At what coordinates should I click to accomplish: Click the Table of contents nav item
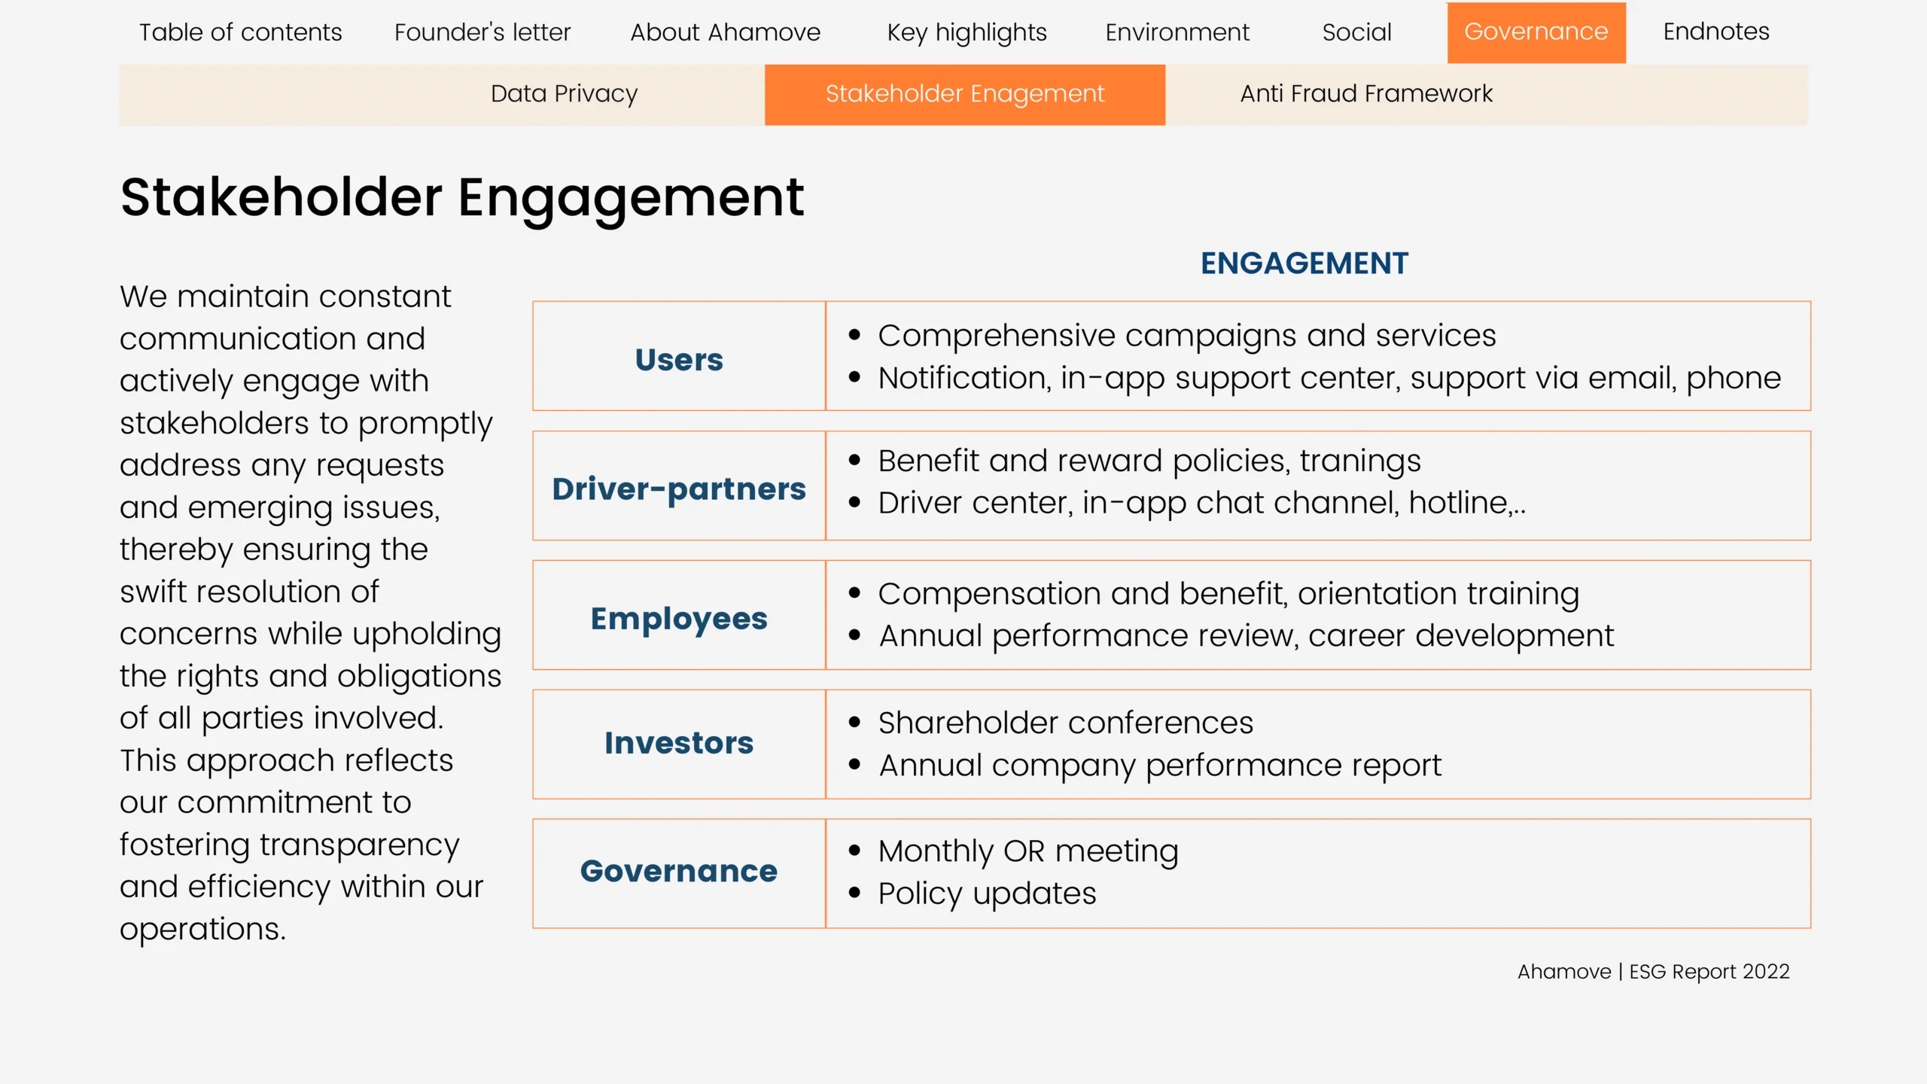pos(240,32)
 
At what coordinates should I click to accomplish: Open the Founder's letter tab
pos(483,32)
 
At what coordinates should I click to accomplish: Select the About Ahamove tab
pos(725,32)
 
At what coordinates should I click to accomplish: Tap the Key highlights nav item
pos(967,33)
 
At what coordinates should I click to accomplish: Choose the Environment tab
pos(1177,32)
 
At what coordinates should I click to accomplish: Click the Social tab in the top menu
pos(1356,32)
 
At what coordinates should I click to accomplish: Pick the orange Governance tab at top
pos(1536,32)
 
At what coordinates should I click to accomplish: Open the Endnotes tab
pos(1716,32)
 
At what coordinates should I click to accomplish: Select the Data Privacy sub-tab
pos(564,94)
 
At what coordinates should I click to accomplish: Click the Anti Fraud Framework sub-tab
pos(1366,93)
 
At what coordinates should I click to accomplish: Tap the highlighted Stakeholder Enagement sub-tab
pos(965,95)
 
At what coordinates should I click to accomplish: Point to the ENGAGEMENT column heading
pos(1304,263)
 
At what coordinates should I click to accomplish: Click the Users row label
pos(679,360)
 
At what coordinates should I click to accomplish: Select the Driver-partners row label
pos(679,489)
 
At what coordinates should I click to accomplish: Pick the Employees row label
pos(679,619)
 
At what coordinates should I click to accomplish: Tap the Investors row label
pos(679,743)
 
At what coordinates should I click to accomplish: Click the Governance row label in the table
pos(679,871)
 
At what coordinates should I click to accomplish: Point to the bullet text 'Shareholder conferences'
pos(1066,723)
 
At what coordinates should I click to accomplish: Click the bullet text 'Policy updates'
pos(988,894)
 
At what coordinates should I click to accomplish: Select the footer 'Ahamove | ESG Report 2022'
pos(1653,972)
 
